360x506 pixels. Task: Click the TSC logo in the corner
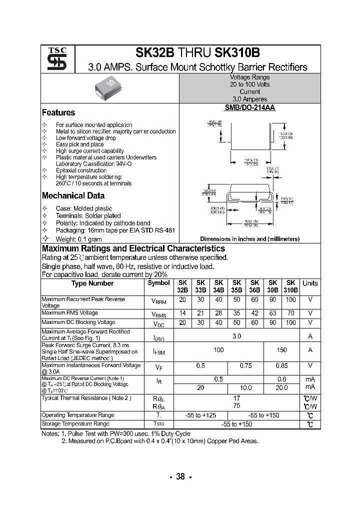coord(53,59)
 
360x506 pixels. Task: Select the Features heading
coord(58,112)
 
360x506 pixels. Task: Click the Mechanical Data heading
coord(73,196)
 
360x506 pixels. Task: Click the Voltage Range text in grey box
coord(249,77)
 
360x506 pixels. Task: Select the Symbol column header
coord(158,283)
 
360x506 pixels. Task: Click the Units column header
coord(310,283)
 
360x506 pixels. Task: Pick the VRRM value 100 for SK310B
coord(290,299)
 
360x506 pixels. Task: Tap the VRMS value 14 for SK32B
coord(182,313)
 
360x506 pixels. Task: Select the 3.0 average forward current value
coord(236,336)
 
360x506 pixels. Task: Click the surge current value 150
coord(281,350)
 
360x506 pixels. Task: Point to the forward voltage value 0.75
coord(245,365)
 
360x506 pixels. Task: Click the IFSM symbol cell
coord(158,352)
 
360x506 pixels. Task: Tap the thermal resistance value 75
coord(236,406)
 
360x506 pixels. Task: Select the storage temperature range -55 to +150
coord(236,424)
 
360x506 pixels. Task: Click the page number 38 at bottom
coord(180,476)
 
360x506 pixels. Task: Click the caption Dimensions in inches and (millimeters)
coord(249,239)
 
